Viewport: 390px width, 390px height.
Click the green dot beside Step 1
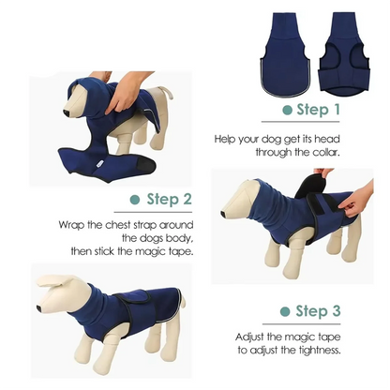[286, 111]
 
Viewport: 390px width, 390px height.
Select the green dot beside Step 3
[285, 310]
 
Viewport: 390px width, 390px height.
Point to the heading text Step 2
[169, 200]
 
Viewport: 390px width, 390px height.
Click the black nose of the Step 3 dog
[225, 214]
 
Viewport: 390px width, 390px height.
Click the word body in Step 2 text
[174, 239]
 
